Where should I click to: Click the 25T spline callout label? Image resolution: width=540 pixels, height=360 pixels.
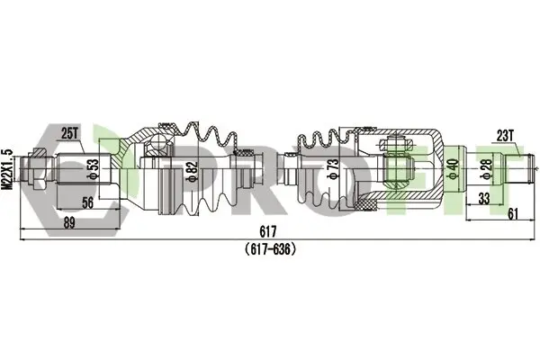pyautogui.click(x=69, y=134)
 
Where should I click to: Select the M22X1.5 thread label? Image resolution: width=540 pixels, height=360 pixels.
pyautogui.click(x=7, y=169)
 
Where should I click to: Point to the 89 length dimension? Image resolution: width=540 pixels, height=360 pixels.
pyautogui.click(x=69, y=223)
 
